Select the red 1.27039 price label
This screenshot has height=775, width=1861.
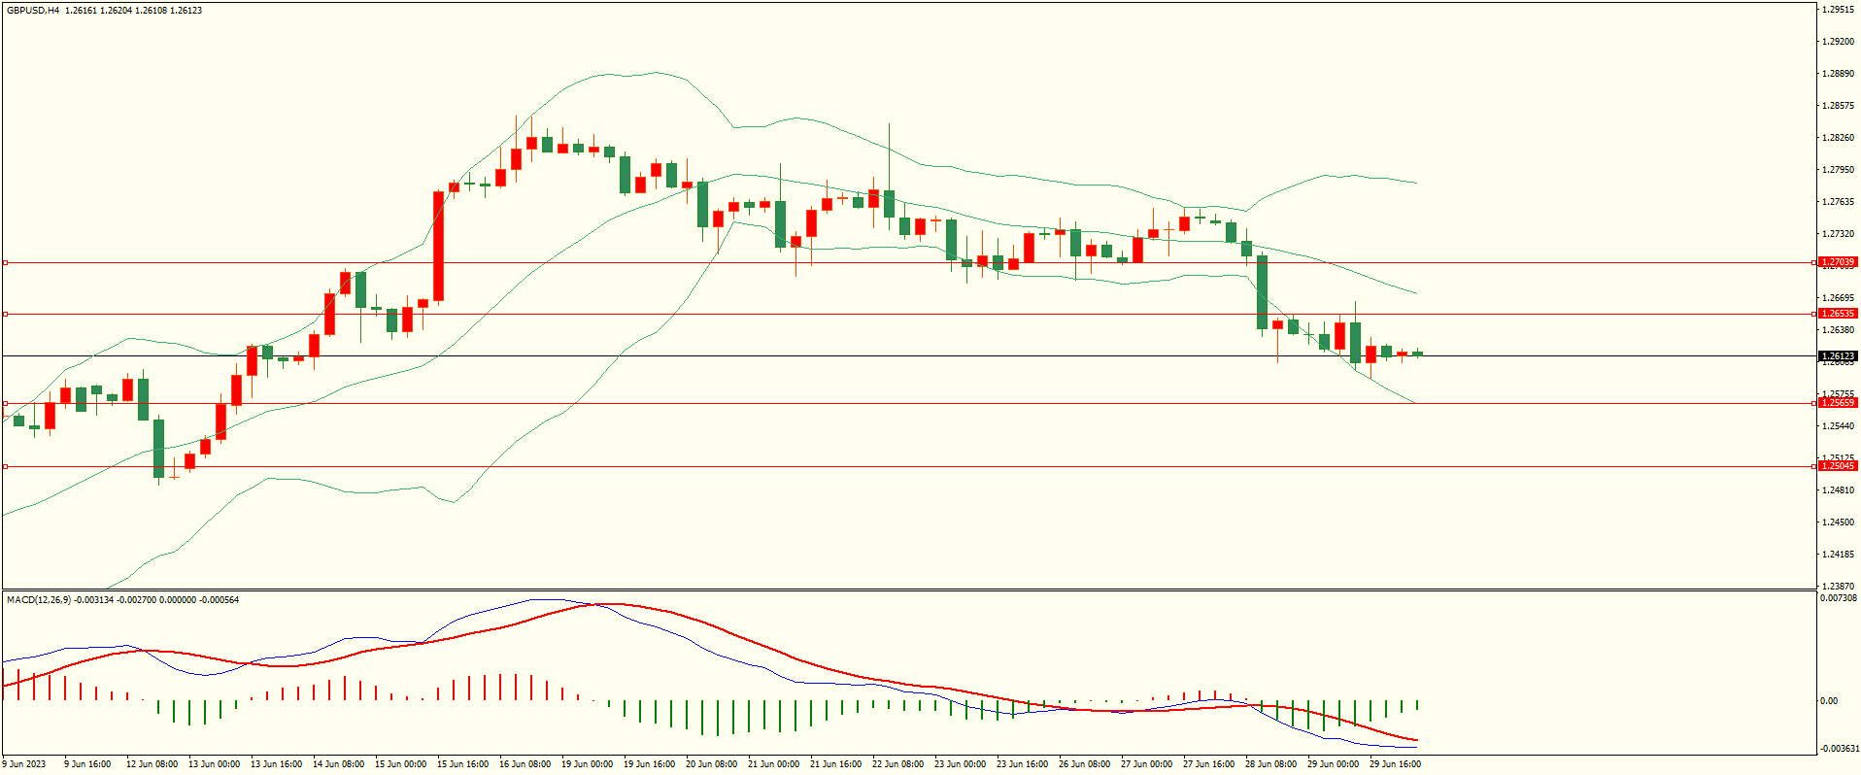[1837, 262]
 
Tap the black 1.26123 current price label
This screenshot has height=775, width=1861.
[1837, 356]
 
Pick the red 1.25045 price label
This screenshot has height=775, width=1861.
[1837, 466]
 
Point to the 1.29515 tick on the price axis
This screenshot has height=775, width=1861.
[1838, 10]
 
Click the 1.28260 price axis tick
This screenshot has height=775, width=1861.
[1838, 138]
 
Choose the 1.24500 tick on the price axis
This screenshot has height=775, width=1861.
[1838, 522]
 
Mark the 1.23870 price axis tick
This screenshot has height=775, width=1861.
[1838, 587]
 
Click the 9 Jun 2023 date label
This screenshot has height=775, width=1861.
[23, 764]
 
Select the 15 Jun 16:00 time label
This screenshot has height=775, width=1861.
[462, 764]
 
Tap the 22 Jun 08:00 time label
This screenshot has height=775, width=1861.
[897, 764]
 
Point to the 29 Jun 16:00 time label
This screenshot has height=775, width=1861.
[1395, 764]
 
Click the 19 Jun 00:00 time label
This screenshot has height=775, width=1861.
[587, 764]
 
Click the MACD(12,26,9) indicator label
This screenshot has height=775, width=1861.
[39, 600]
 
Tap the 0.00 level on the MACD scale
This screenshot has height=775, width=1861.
[1829, 701]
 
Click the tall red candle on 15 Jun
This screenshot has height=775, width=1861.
[439, 246]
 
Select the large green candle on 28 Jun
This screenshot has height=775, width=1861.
[1262, 292]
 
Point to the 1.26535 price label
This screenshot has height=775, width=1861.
[1837, 314]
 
